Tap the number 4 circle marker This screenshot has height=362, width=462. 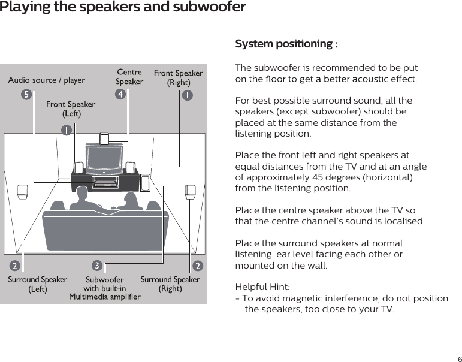[x=121, y=94]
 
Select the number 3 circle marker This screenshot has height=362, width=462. [x=96, y=265]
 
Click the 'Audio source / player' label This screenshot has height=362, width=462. [x=46, y=80]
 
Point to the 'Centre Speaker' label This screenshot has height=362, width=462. [x=129, y=77]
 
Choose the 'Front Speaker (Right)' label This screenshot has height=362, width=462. [x=178, y=78]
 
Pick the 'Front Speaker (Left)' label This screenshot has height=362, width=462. [x=71, y=109]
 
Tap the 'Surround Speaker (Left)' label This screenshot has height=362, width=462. [x=37, y=284]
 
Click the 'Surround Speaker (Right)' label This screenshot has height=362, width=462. [x=170, y=284]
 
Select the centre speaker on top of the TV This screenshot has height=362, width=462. [x=105, y=139]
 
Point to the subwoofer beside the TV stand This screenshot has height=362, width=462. [x=145, y=182]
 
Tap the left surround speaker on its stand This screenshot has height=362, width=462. [x=23, y=192]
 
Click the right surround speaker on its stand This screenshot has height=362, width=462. [x=191, y=192]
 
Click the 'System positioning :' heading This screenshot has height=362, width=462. [x=286, y=44]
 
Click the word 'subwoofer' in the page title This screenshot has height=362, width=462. [x=213, y=7]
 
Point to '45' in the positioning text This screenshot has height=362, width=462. [x=328, y=177]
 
